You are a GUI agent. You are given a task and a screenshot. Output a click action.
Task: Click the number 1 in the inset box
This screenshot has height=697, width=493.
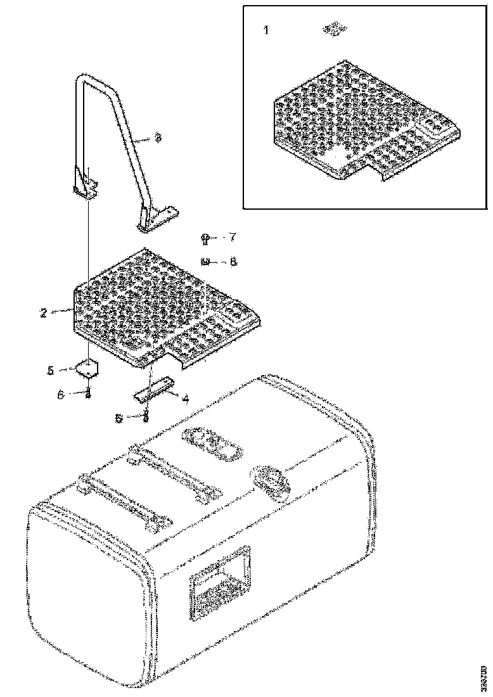tap(266, 30)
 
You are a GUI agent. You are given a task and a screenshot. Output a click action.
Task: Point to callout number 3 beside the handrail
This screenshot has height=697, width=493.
tap(158, 137)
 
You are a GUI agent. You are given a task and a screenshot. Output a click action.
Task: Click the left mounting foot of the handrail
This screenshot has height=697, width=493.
tap(85, 186)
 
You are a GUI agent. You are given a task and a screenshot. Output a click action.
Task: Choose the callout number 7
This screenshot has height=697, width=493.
tap(232, 237)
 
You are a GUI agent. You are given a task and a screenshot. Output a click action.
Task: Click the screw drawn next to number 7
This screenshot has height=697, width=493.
tap(207, 238)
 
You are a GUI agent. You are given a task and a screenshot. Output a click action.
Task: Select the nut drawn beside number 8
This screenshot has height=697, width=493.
tap(205, 261)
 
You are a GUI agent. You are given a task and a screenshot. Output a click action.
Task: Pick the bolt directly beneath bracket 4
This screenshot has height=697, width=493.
tap(146, 416)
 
